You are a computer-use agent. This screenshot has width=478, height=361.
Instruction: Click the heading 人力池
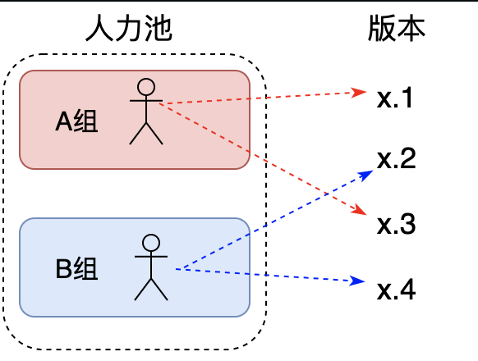(129, 28)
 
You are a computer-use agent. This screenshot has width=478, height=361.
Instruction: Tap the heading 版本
(397, 28)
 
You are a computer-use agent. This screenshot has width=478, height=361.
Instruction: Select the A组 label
(76, 121)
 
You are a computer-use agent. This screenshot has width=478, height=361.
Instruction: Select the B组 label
(76, 268)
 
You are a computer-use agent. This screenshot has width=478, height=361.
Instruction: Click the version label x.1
(395, 98)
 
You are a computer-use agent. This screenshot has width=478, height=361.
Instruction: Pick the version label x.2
(397, 158)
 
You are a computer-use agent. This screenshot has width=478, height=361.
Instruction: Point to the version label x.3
(397, 224)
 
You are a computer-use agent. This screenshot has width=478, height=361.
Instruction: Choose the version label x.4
(397, 290)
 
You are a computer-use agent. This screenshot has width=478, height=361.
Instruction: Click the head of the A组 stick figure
(146, 87)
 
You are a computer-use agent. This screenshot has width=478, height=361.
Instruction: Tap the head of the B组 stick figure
(151, 243)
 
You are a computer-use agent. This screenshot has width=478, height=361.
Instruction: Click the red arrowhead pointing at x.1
(359, 93)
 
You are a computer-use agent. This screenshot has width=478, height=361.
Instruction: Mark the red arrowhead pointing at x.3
(360, 211)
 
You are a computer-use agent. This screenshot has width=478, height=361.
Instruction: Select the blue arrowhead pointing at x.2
(366, 175)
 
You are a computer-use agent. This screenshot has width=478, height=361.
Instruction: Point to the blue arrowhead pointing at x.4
(358, 281)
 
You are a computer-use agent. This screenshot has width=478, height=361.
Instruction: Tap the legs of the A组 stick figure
(146, 134)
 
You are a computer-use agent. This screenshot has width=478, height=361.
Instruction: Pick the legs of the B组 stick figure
(151, 290)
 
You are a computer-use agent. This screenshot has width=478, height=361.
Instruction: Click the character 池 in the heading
(159, 28)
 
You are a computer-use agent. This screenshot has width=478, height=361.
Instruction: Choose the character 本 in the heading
(411, 28)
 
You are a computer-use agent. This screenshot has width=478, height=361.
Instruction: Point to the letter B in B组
(63, 268)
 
